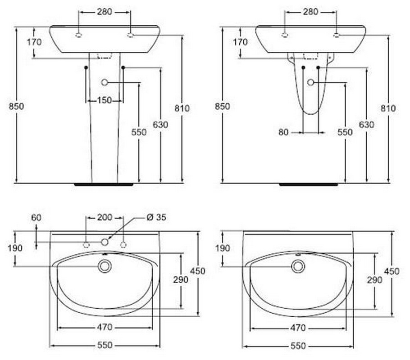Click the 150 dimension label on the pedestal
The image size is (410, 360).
click(x=105, y=100)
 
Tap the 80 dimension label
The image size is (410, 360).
click(x=283, y=132)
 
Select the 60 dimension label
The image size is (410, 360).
click(x=36, y=217)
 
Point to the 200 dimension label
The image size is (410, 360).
click(x=105, y=217)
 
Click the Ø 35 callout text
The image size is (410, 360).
click(x=156, y=217)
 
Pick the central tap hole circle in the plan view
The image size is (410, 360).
click(x=105, y=242)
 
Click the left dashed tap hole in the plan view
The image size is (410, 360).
click(x=86, y=245)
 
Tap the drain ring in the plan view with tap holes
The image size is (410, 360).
click(x=105, y=266)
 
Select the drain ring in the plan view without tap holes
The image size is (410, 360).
click(x=298, y=266)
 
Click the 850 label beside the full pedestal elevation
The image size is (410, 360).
click(x=16, y=106)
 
